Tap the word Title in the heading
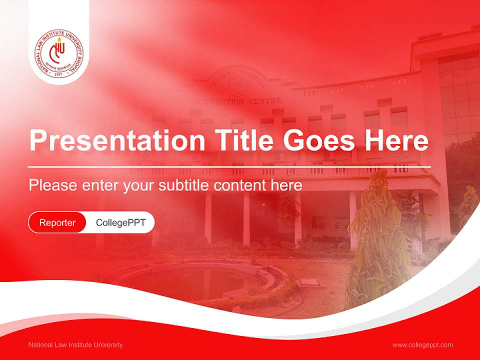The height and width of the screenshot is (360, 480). (238, 141)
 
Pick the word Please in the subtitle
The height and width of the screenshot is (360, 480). (52, 185)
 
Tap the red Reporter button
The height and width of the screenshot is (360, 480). (57, 222)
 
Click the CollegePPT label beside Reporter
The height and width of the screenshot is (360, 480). (120, 222)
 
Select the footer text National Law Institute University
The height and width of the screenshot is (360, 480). (75, 345)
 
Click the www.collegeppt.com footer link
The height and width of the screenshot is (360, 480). (422, 345)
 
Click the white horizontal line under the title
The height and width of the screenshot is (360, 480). (229, 166)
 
